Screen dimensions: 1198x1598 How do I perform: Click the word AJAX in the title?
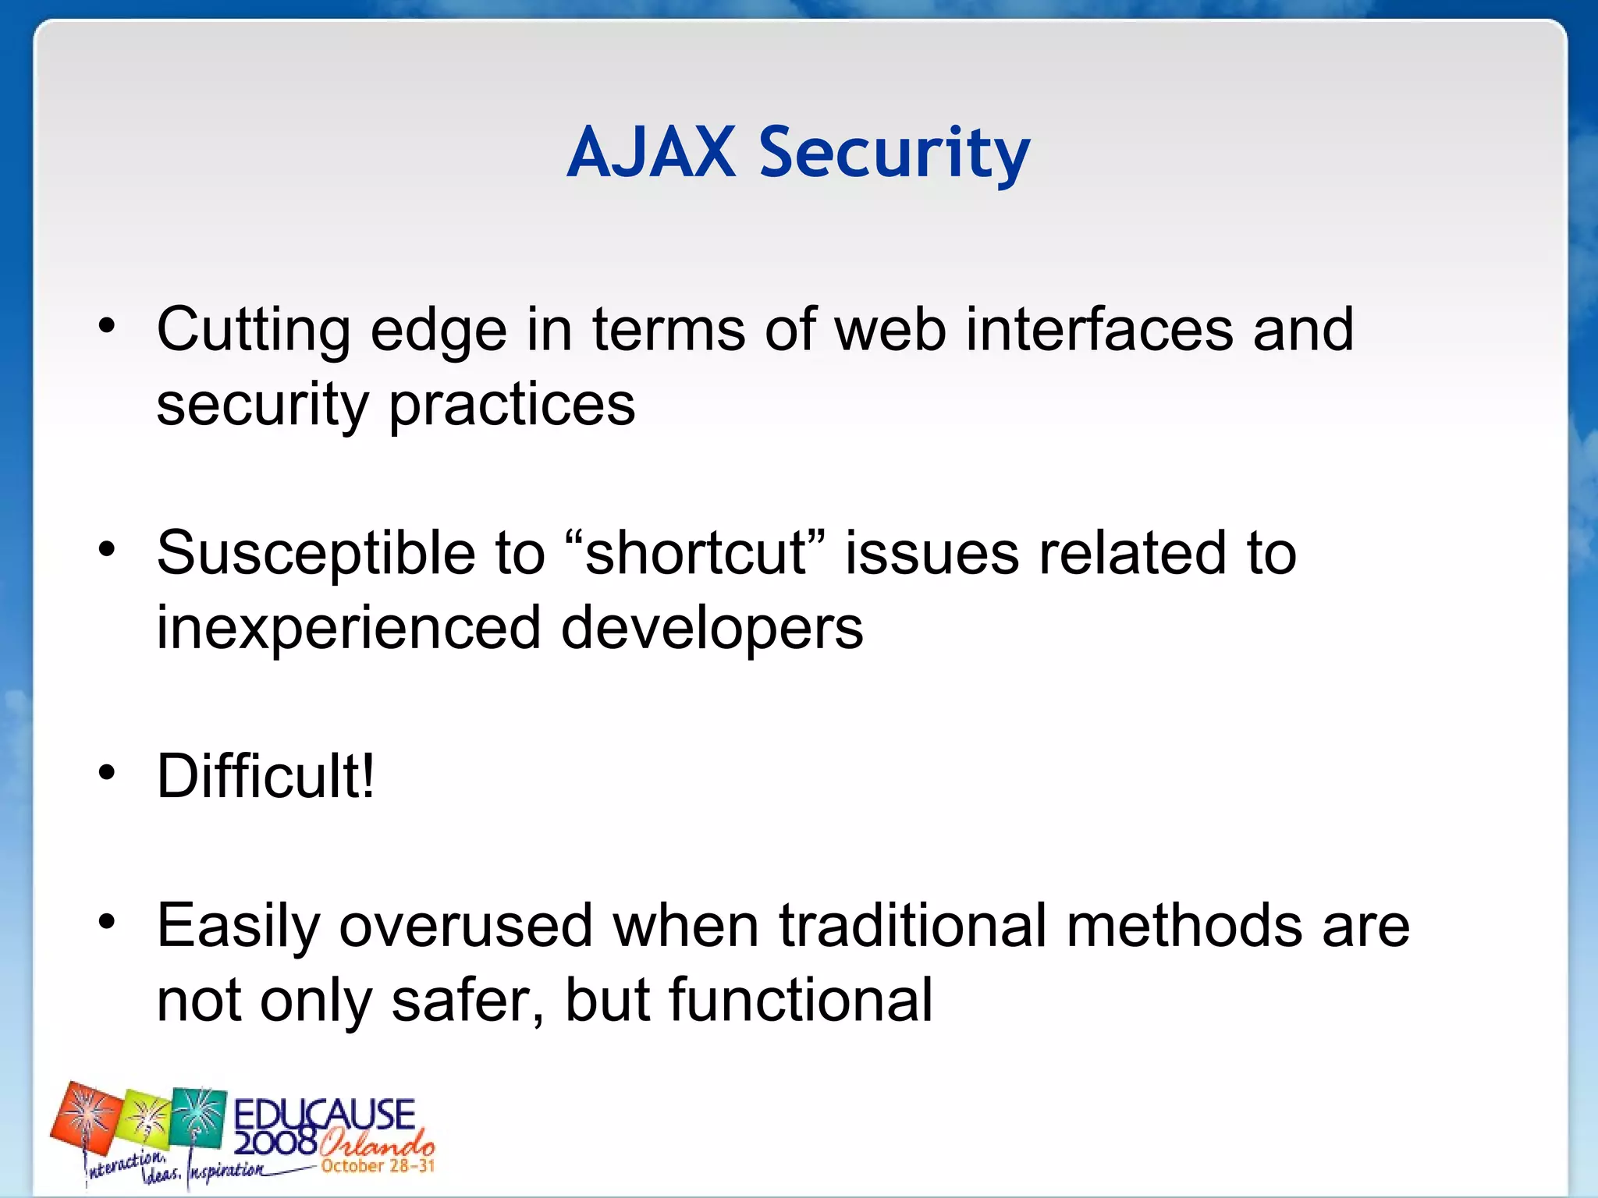(651, 153)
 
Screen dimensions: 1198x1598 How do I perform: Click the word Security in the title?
(894, 153)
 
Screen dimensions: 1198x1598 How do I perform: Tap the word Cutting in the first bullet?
(253, 331)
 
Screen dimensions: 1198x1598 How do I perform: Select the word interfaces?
(1099, 329)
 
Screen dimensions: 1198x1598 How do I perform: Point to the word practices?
(512, 406)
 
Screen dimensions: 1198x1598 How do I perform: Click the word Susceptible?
(315, 553)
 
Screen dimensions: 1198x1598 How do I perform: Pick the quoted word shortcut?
(696, 553)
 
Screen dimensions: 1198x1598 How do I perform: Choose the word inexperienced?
(348, 628)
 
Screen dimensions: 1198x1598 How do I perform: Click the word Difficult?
(265, 777)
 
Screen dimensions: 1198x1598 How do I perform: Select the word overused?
(466, 926)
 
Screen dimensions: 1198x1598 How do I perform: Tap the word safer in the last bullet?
(467, 1001)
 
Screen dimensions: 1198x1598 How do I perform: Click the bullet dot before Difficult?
(107, 773)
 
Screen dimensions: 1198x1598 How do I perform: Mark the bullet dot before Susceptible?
(107, 550)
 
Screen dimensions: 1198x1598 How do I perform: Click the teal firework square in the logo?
(198, 1115)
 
